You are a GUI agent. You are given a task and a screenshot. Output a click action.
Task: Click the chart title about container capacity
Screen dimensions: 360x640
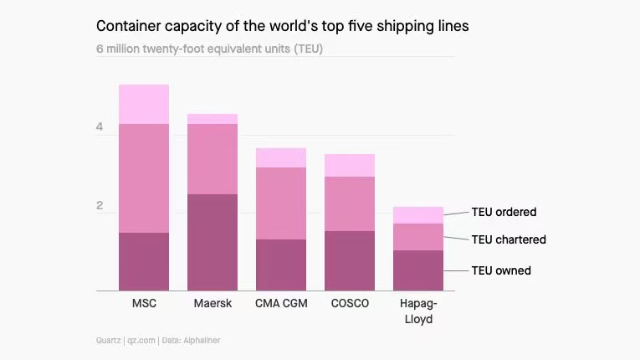(x=282, y=26)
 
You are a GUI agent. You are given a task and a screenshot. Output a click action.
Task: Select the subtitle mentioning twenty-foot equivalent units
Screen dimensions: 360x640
(x=209, y=49)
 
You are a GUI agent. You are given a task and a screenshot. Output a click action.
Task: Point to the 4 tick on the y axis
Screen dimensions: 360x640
(x=100, y=128)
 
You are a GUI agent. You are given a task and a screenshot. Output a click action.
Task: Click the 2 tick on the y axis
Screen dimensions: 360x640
(x=100, y=206)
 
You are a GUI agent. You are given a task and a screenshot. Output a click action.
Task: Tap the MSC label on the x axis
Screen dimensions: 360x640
(x=144, y=303)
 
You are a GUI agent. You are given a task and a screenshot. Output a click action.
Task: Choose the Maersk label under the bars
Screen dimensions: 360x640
(x=212, y=303)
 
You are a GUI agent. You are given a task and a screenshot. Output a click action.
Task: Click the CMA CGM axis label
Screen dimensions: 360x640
(x=281, y=303)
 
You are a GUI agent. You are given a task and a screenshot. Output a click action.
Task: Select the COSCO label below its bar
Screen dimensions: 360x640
(x=350, y=303)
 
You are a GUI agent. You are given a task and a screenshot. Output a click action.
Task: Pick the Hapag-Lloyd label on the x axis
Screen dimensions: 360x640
(x=418, y=311)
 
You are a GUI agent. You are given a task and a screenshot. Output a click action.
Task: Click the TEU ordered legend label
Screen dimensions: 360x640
(x=504, y=212)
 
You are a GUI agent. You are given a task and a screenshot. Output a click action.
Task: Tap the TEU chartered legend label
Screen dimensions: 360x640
(x=509, y=239)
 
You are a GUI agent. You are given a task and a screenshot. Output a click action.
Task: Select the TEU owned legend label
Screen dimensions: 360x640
(x=501, y=270)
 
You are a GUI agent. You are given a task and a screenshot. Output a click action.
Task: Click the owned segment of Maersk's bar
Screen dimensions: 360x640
(x=212, y=242)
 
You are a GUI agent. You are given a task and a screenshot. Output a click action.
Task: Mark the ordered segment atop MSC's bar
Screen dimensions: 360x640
(x=144, y=104)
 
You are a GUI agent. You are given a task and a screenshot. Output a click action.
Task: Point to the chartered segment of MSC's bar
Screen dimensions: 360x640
(x=144, y=177)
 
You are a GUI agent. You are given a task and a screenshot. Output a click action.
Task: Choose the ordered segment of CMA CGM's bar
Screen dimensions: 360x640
(x=281, y=157)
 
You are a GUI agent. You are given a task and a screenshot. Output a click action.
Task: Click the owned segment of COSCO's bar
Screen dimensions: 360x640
(x=350, y=260)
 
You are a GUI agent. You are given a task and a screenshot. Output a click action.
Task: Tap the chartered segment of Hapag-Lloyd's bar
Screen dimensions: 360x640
(x=418, y=236)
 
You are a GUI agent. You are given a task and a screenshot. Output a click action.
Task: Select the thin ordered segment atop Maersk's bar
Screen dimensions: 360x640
(x=212, y=119)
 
